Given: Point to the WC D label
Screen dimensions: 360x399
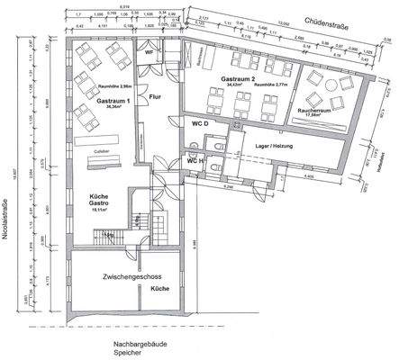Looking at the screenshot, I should [201, 121].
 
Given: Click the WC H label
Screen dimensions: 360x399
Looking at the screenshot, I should [196, 160].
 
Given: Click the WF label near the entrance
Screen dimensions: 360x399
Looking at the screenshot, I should [150, 53].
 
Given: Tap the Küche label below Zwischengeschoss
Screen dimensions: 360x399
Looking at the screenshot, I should [161, 288].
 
